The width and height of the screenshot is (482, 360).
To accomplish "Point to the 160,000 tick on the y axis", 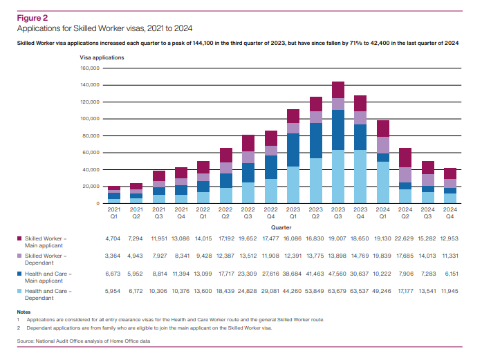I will click(x=91, y=68).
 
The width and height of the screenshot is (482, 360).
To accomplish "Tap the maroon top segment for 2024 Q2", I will click(x=405, y=158).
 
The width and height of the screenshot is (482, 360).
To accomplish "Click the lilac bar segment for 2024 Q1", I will click(x=382, y=145).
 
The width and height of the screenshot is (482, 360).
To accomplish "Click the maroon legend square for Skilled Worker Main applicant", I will click(x=19, y=238).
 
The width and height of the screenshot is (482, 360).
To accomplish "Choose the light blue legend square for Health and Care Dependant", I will click(x=19, y=293).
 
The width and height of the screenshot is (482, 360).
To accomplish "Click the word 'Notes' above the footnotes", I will click(x=24, y=312).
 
